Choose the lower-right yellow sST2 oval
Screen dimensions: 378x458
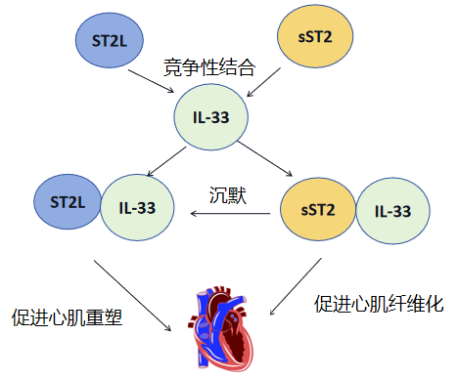point(319,208)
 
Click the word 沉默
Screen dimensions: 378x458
point(228,193)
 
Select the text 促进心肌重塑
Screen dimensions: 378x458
point(67,317)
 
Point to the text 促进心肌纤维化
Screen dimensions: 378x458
point(379,305)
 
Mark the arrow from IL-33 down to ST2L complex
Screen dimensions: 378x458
point(162,159)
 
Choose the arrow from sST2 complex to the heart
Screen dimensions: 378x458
point(295,288)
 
